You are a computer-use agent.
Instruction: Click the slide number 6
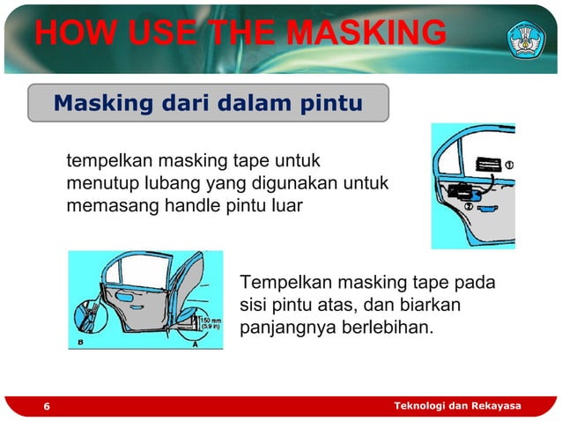(47, 406)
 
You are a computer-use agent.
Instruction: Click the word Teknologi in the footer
(422, 405)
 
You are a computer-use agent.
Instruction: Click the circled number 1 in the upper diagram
(508, 165)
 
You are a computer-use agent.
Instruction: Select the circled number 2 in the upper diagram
(468, 206)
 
